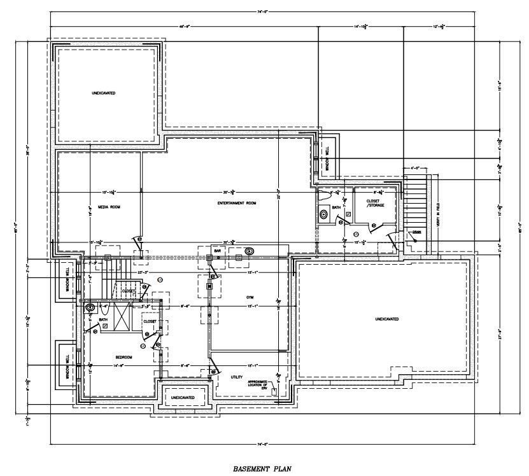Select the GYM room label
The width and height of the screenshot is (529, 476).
(x=250, y=297)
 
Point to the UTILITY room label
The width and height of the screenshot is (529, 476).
(x=237, y=377)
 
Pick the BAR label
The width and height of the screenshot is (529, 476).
(x=217, y=251)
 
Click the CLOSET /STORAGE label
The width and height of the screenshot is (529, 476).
(x=376, y=203)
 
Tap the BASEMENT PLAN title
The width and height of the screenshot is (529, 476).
(x=263, y=468)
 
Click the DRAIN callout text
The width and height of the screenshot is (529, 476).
(x=416, y=232)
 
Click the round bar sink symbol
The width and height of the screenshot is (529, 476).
(x=248, y=251)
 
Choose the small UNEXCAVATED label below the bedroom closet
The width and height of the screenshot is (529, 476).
(x=183, y=397)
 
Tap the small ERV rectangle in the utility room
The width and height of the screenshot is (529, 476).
(x=274, y=392)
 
